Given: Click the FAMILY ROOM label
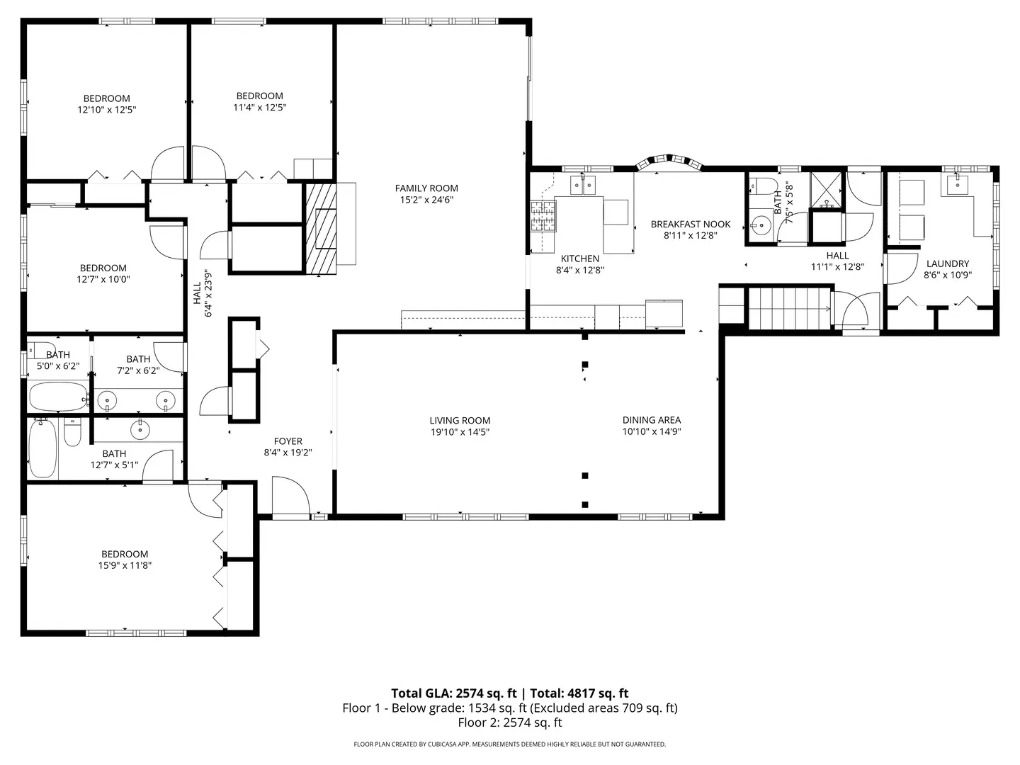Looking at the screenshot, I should pos(426,188).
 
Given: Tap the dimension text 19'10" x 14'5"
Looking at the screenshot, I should pos(460,432).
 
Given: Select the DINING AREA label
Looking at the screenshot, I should pos(651,420).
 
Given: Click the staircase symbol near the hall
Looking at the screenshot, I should pos(790,308).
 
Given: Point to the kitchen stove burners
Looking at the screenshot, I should pos(544,217).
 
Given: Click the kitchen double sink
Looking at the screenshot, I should pos(584,186).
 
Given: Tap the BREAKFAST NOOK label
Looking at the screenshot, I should pos(691,225).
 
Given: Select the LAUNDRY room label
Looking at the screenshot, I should pos(947,263).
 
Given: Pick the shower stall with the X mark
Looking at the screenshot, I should pos(827,189).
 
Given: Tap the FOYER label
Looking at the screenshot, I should pos(288,441).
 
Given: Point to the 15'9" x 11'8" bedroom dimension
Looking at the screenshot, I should pos(125,566).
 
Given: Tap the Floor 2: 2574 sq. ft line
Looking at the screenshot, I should pos(509,722).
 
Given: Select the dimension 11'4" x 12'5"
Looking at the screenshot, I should pos(259,108).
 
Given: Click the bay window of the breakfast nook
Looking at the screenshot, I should pos(669,162).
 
